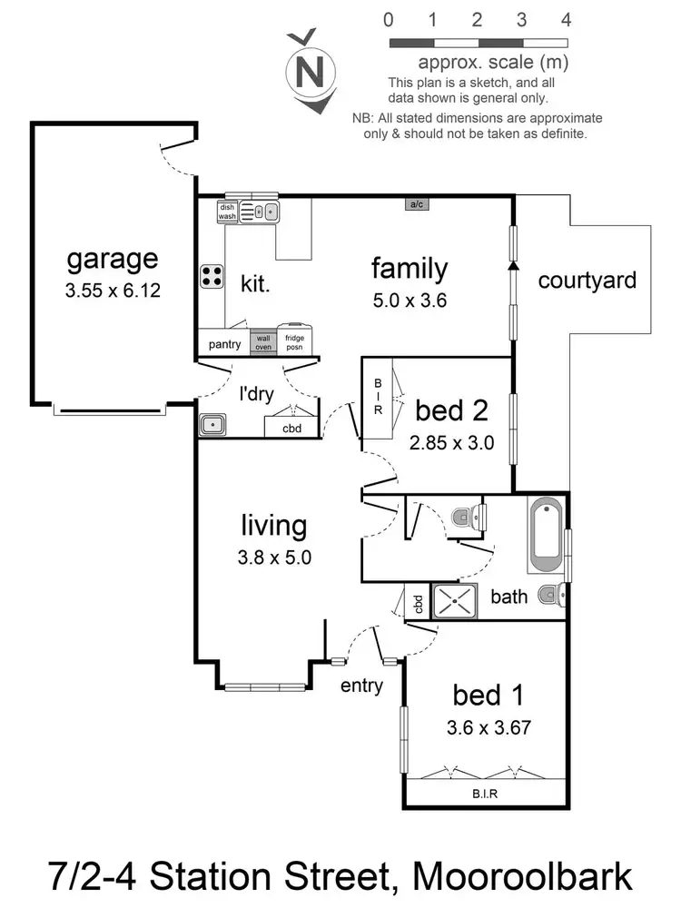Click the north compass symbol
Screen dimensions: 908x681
click(x=310, y=71)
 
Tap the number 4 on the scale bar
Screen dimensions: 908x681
click(x=566, y=19)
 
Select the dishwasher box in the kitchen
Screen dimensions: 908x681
click(x=227, y=212)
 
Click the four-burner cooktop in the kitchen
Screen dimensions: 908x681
click(x=212, y=274)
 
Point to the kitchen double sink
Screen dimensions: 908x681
click(x=264, y=212)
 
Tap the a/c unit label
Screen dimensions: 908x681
click(x=417, y=205)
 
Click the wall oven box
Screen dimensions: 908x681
click(x=262, y=341)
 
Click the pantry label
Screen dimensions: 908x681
click(x=223, y=344)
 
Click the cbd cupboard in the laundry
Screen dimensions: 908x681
click(x=291, y=428)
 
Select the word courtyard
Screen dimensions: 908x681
click(x=587, y=280)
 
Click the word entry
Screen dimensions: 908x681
click(x=361, y=686)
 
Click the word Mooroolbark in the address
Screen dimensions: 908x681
click(x=521, y=877)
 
